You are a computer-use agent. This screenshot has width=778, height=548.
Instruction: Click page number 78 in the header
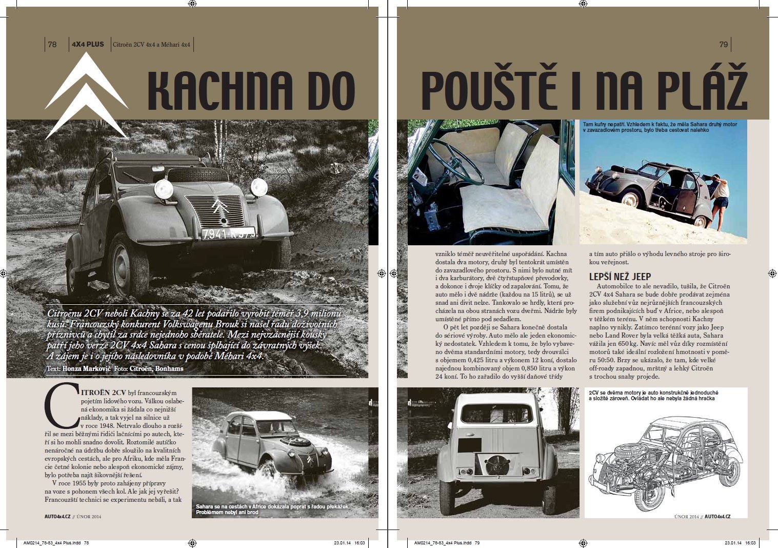pyautogui.click(x=52, y=45)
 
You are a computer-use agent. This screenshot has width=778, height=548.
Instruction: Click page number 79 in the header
pyautogui.click(x=724, y=45)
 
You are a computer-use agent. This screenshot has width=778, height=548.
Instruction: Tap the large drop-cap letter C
pyautogui.click(x=62, y=405)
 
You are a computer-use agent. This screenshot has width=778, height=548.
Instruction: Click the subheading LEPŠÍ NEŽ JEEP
pyautogui.click(x=620, y=276)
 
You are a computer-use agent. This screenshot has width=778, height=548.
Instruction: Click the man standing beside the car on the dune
pyautogui.click(x=721, y=200)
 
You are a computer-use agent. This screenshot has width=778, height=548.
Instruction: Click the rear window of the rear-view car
pyautogui.click(x=497, y=414)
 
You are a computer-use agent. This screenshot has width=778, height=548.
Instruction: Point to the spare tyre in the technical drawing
pyautogui.click(x=624, y=452)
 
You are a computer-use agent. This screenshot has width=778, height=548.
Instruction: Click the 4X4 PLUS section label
pyautogui.click(x=88, y=45)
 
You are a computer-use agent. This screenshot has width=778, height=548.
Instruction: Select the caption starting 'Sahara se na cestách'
pyautogui.click(x=272, y=509)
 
